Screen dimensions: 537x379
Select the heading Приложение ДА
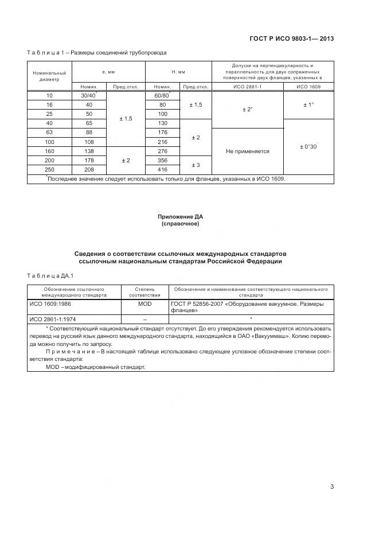(181, 216)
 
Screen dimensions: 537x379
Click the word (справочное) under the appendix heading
(181, 224)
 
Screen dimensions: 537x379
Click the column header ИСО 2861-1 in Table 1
(248, 87)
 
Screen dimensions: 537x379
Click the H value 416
(162, 170)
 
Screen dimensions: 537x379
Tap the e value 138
(89, 151)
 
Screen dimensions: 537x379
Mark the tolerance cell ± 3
(196, 165)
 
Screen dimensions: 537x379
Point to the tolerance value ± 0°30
(308, 147)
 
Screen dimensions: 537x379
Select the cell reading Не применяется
(248, 151)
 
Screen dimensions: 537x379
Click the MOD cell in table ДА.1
(144, 304)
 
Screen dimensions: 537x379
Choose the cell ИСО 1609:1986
(53, 304)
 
